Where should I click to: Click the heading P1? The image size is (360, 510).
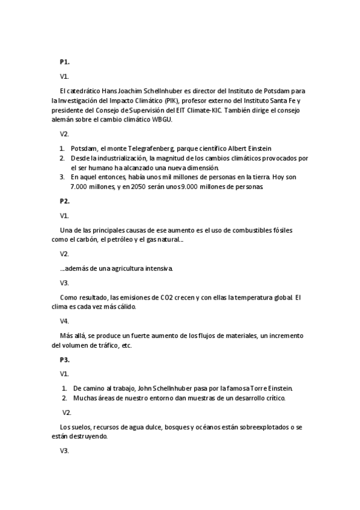pyautogui.click(x=64, y=62)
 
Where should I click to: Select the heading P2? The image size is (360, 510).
pyautogui.click(x=64, y=201)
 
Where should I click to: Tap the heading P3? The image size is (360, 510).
pyautogui.click(x=64, y=360)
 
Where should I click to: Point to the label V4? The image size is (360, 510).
pyautogui.click(x=64, y=321)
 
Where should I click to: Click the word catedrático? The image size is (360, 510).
pyautogui.click(x=85, y=91)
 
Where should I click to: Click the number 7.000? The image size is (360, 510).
pyautogui.click(x=80, y=187)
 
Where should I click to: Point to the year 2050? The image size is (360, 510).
pyautogui.click(x=149, y=187)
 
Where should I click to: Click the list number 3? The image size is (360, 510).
pyautogui.click(x=62, y=177)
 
